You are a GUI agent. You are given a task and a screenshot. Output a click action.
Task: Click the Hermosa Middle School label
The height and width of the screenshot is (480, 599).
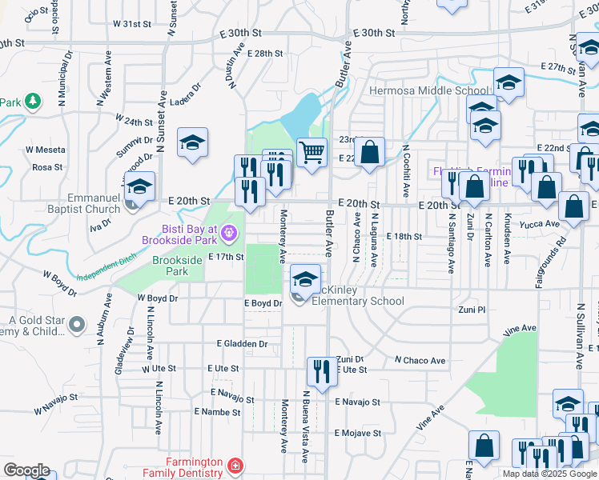click(x=428, y=90)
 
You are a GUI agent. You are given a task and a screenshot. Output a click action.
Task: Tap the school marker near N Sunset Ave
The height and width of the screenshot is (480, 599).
click(x=192, y=143)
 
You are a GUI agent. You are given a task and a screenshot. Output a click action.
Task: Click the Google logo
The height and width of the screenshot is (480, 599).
click(x=26, y=470)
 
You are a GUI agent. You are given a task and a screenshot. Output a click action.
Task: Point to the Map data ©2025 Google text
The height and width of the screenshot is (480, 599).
click(x=550, y=474)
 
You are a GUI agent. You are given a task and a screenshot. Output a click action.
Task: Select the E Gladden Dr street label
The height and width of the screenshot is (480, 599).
click(x=242, y=343)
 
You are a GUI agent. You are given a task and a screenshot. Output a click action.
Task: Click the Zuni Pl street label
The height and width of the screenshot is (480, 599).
click(x=472, y=310)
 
